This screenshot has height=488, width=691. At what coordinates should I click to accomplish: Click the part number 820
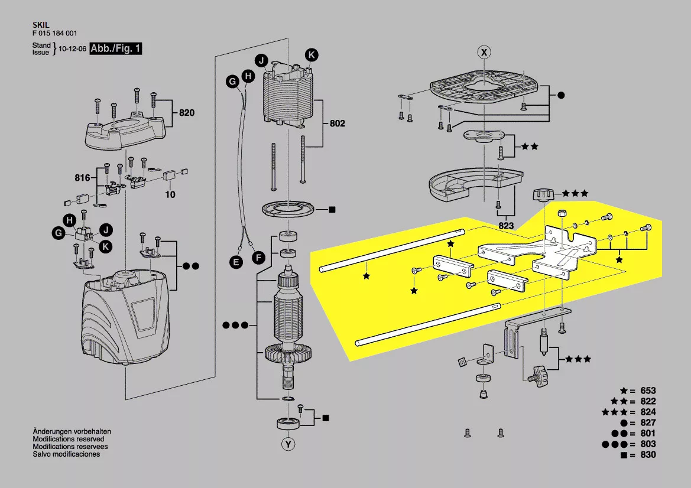(x=186, y=113)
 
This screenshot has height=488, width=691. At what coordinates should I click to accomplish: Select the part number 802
(x=337, y=123)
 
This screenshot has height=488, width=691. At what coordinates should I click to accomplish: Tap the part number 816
(x=82, y=178)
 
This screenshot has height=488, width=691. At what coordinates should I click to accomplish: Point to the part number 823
(x=506, y=226)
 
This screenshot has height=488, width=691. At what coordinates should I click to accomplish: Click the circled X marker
(x=484, y=53)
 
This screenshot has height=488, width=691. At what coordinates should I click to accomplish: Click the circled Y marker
(x=288, y=444)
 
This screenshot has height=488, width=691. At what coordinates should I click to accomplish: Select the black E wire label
(x=236, y=262)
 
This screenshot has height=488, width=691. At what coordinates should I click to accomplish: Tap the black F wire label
(x=258, y=258)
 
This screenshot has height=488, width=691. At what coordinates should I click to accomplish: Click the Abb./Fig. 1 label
(x=115, y=48)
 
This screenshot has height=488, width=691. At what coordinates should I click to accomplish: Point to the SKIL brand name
(x=41, y=25)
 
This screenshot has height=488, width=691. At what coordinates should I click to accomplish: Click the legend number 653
(x=648, y=391)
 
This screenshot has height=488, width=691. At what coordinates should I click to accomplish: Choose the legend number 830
(x=648, y=454)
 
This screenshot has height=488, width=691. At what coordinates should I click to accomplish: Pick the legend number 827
(x=648, y=423)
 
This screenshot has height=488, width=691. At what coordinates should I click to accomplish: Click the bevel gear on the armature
(x=288, y=352)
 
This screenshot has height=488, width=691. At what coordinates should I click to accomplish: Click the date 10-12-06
(x=73, y=49)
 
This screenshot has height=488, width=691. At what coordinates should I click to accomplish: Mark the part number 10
(x=170, y=194)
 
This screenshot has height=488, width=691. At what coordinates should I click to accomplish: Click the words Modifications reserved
(x=69, y=439)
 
